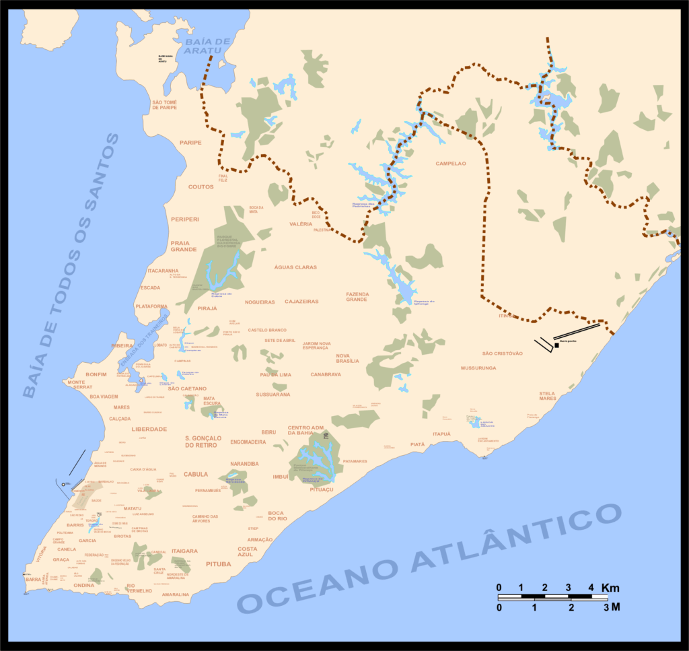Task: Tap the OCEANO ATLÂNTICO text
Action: pos(431,559)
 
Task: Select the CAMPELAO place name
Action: pos(451,164)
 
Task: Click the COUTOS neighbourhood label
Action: pos(201,187)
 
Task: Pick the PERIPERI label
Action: pos(185,219)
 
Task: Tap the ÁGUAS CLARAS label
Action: pos(295,267)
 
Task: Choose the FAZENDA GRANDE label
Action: pos(357,297)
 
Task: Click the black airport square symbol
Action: pos(556,345)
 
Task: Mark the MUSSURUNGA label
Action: pos(478,368)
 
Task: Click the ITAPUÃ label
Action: pos(441,434)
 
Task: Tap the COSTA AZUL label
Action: pos(247,551)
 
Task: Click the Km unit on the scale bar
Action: pos(610,588)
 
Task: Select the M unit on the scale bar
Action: pos(615,607)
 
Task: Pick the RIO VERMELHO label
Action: pos(140,588)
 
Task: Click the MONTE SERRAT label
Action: pos(79,385)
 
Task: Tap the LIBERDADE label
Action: pos(149,429)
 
